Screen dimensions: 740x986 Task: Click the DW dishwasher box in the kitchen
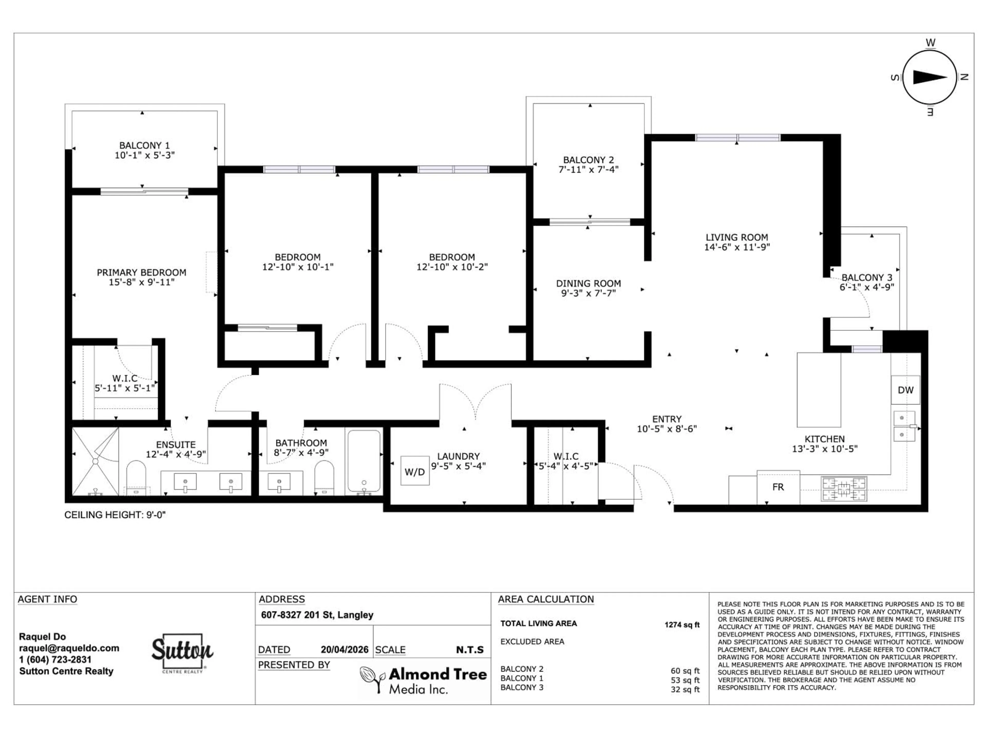click(x=905, y=390)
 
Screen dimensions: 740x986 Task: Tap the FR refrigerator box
click(x=778, y=487)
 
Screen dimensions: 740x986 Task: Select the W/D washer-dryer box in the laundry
click(x=414, y=471)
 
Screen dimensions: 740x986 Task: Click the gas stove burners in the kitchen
click(x=844, y=489)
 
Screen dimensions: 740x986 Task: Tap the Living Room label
click(x=736, y=237)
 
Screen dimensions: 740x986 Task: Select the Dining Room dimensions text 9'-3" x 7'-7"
click(x=589, y=293)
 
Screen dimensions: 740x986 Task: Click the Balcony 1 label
click(x=144, y=145)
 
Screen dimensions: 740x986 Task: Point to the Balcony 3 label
click(x=867, y=277)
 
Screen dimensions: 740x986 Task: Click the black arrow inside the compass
click(x=930, y=78)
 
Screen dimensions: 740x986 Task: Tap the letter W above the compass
click(x=930, y=43)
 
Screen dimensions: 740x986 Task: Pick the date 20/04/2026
click(x=344, y=650)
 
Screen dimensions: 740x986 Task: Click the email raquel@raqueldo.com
click(x=69, y=648)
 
